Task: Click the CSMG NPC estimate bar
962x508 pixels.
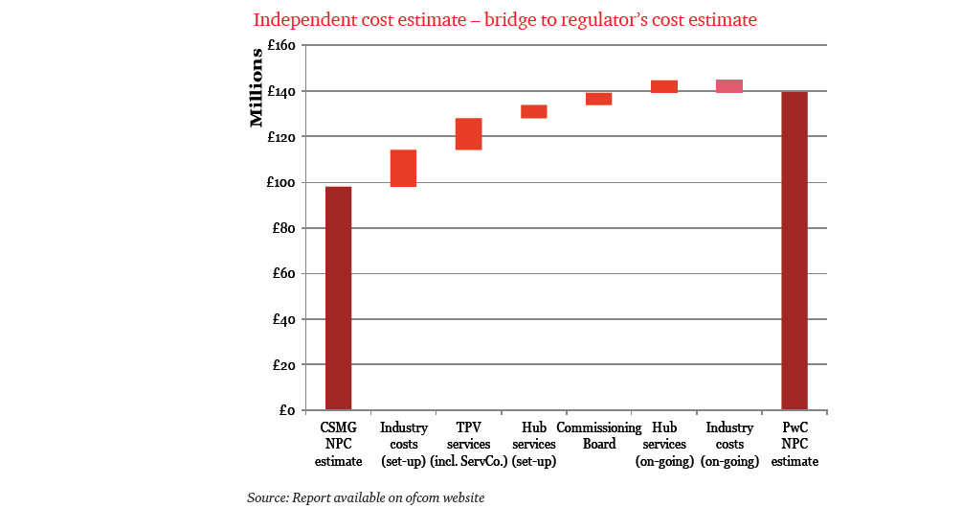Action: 338,298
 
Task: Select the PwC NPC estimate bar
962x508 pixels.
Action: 794,251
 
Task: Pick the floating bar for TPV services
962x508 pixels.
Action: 468,134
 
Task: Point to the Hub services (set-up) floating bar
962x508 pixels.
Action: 533,111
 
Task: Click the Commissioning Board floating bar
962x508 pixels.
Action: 598,99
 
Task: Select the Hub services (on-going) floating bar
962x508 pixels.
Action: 663,86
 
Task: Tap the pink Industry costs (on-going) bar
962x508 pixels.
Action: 729,86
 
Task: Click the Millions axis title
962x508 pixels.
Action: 256,87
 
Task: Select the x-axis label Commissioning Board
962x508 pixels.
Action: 599,436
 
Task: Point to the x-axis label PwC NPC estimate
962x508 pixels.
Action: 794,444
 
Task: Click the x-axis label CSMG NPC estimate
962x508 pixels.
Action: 339,444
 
